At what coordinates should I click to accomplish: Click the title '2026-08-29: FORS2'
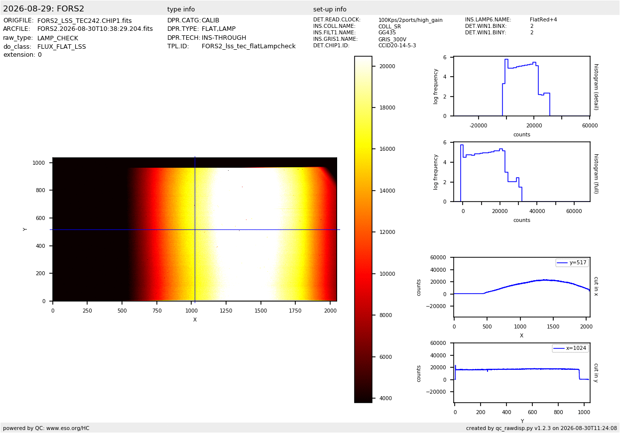click(43, 8)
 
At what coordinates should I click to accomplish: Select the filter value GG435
click(387, 32)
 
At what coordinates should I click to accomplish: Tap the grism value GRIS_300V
click(392, 39)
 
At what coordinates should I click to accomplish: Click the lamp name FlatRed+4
click(543, 19)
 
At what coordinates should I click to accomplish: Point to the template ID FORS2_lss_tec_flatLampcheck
click(248, 46)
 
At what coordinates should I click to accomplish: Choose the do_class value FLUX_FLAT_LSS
click(61, 46)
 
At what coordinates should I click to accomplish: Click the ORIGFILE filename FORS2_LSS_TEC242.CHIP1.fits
click(85, 21)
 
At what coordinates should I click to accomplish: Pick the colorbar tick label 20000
click(387, 66)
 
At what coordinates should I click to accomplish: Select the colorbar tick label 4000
click(385, 398)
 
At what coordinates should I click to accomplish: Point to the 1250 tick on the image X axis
click(226, 311)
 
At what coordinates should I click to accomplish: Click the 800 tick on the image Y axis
click(40, 190)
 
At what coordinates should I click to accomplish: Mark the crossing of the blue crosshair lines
click(195, 229)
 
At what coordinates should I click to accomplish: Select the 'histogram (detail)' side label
click(596, 87)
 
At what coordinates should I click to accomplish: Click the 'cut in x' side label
click(596, 286)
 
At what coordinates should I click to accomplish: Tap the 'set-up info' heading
click(330, 9)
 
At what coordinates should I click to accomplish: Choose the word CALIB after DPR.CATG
click(210, 20)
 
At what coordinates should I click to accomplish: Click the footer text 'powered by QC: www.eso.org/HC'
click(46, 428)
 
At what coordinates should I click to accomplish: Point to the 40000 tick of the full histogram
click(537, 211)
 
